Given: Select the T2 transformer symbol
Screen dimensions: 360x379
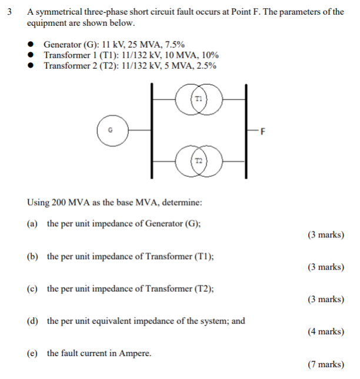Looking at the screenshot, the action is pos(199,160).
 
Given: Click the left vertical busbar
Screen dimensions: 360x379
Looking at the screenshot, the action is pos(152,130).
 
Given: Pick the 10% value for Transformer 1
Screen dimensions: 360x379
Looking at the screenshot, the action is pos(209,55).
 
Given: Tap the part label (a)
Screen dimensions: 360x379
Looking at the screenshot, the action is pos(32,224).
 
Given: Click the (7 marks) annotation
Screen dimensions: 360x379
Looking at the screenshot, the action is pos(325,364).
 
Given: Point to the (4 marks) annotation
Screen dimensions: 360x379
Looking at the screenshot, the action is pos(325,332).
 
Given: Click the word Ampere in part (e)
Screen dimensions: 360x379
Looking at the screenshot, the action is pos(135,353).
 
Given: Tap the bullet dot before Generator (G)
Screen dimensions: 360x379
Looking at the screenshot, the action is pos(34,45).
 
